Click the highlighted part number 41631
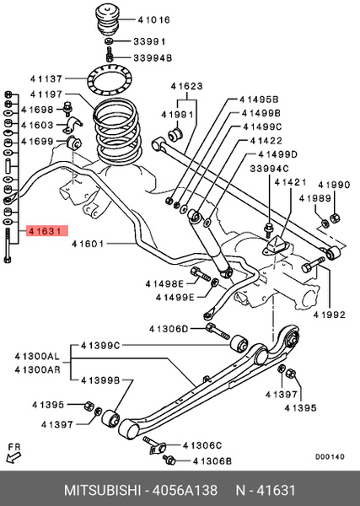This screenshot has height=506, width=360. pyautogui.click(x=45, y=231)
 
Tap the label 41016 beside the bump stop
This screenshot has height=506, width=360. pyautogui.click(x=153, y=20)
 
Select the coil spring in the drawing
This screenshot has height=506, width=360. pyautogui.click(x=117, y=132)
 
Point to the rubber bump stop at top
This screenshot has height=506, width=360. pyautogui.click(x=108, y=19)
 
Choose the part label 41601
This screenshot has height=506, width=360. pyautogui.click(x=88, y=244)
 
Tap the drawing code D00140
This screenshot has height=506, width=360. pyautogui.click(x=330, y=457)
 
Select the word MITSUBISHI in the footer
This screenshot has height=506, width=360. pyautogui.click(x=103, y=491)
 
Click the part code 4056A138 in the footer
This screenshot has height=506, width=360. pyautogui.click(x=185, y=491)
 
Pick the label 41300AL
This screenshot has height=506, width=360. pyautogui.click(x=37, y=357)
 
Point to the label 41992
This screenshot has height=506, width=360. pyautogui.click(x=330, y=315)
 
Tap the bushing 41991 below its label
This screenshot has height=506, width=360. pyautogui.click(x=176, y=134)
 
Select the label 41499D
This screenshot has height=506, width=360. pyautogui.click(x=277, y=154)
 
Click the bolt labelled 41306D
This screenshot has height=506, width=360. pyautogui.click(x=218, y=331)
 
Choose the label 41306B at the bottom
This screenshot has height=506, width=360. pyautogui.click(x=212, y=461)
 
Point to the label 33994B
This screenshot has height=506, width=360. pyautogui.click(x=153, y=58)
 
